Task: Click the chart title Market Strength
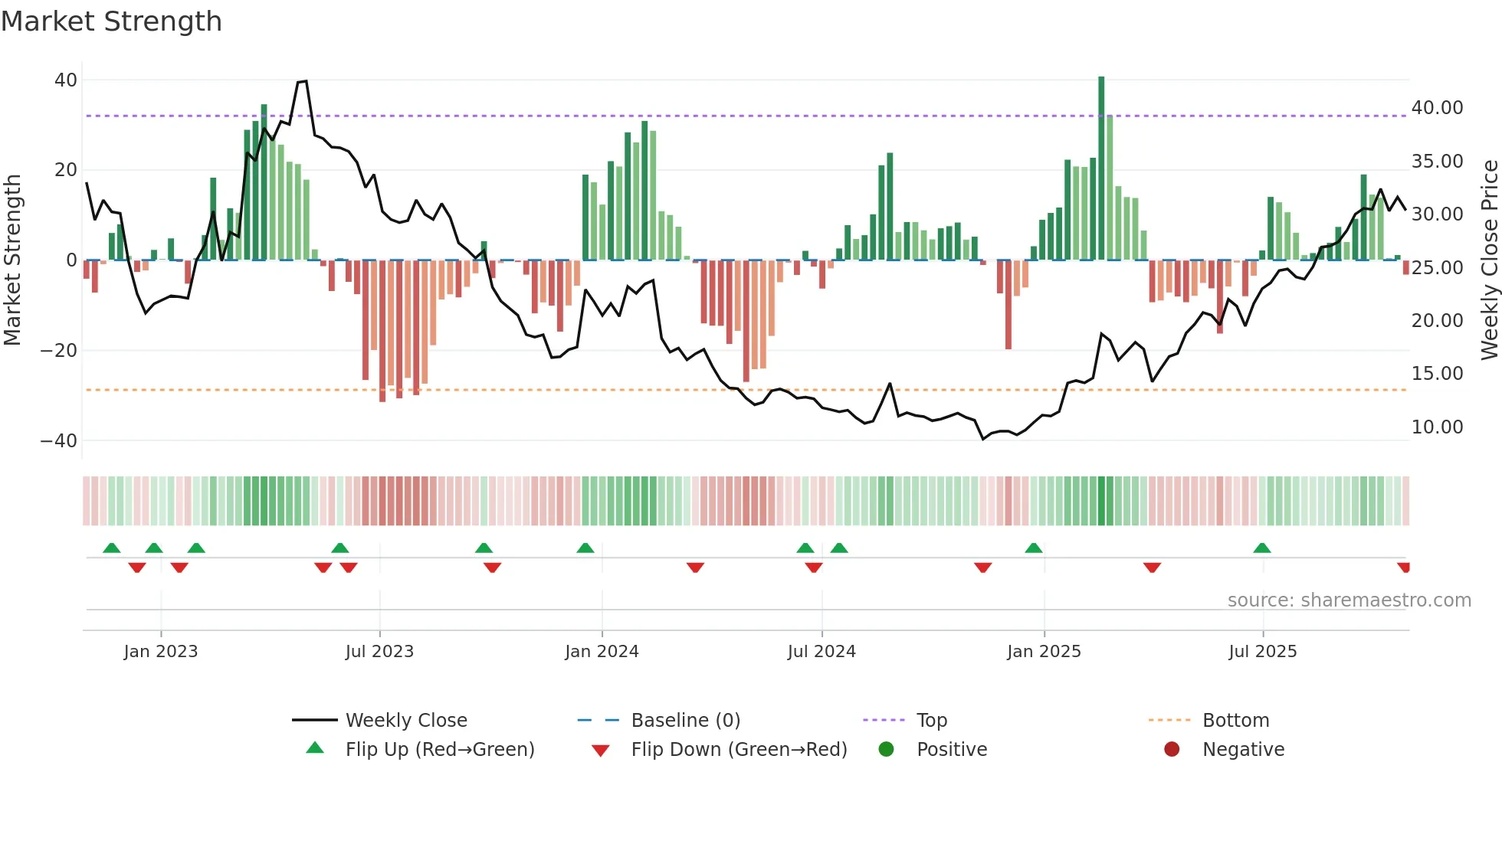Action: (x=111, y=21)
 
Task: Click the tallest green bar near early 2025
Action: (x=1101, y=168)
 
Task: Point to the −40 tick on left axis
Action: (x=59, y=441)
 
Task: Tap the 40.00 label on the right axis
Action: (x=1437, y=108)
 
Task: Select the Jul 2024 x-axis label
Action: (x=822, y=652)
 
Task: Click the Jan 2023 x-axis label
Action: (x=161, y=652)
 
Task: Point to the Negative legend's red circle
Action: (x=1172, y=750)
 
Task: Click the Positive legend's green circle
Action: (x=887, y=750)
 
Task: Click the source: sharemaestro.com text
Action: (x=1349, y=600)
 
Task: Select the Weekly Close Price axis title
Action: (x=1489, y=260)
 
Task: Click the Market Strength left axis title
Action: (x=12, y=260)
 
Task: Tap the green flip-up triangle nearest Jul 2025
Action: (x=1262, y=548)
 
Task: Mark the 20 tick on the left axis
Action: (x=66, y=170)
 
